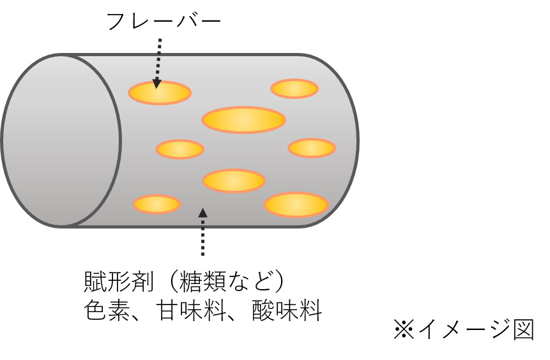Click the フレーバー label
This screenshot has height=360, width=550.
(x=162, y=21)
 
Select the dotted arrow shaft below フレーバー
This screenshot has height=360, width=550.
(x=158, y=57)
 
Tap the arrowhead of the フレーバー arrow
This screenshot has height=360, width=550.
(x=157, y=83)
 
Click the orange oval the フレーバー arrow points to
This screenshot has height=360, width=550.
(x=160, y=93)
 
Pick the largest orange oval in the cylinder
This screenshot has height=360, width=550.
(x=243, y=119)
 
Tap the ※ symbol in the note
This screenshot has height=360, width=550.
(x=404, y=330)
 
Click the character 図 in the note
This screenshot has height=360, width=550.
(x=523, y=330)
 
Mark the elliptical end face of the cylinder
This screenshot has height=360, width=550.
(x=61, y=140)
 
